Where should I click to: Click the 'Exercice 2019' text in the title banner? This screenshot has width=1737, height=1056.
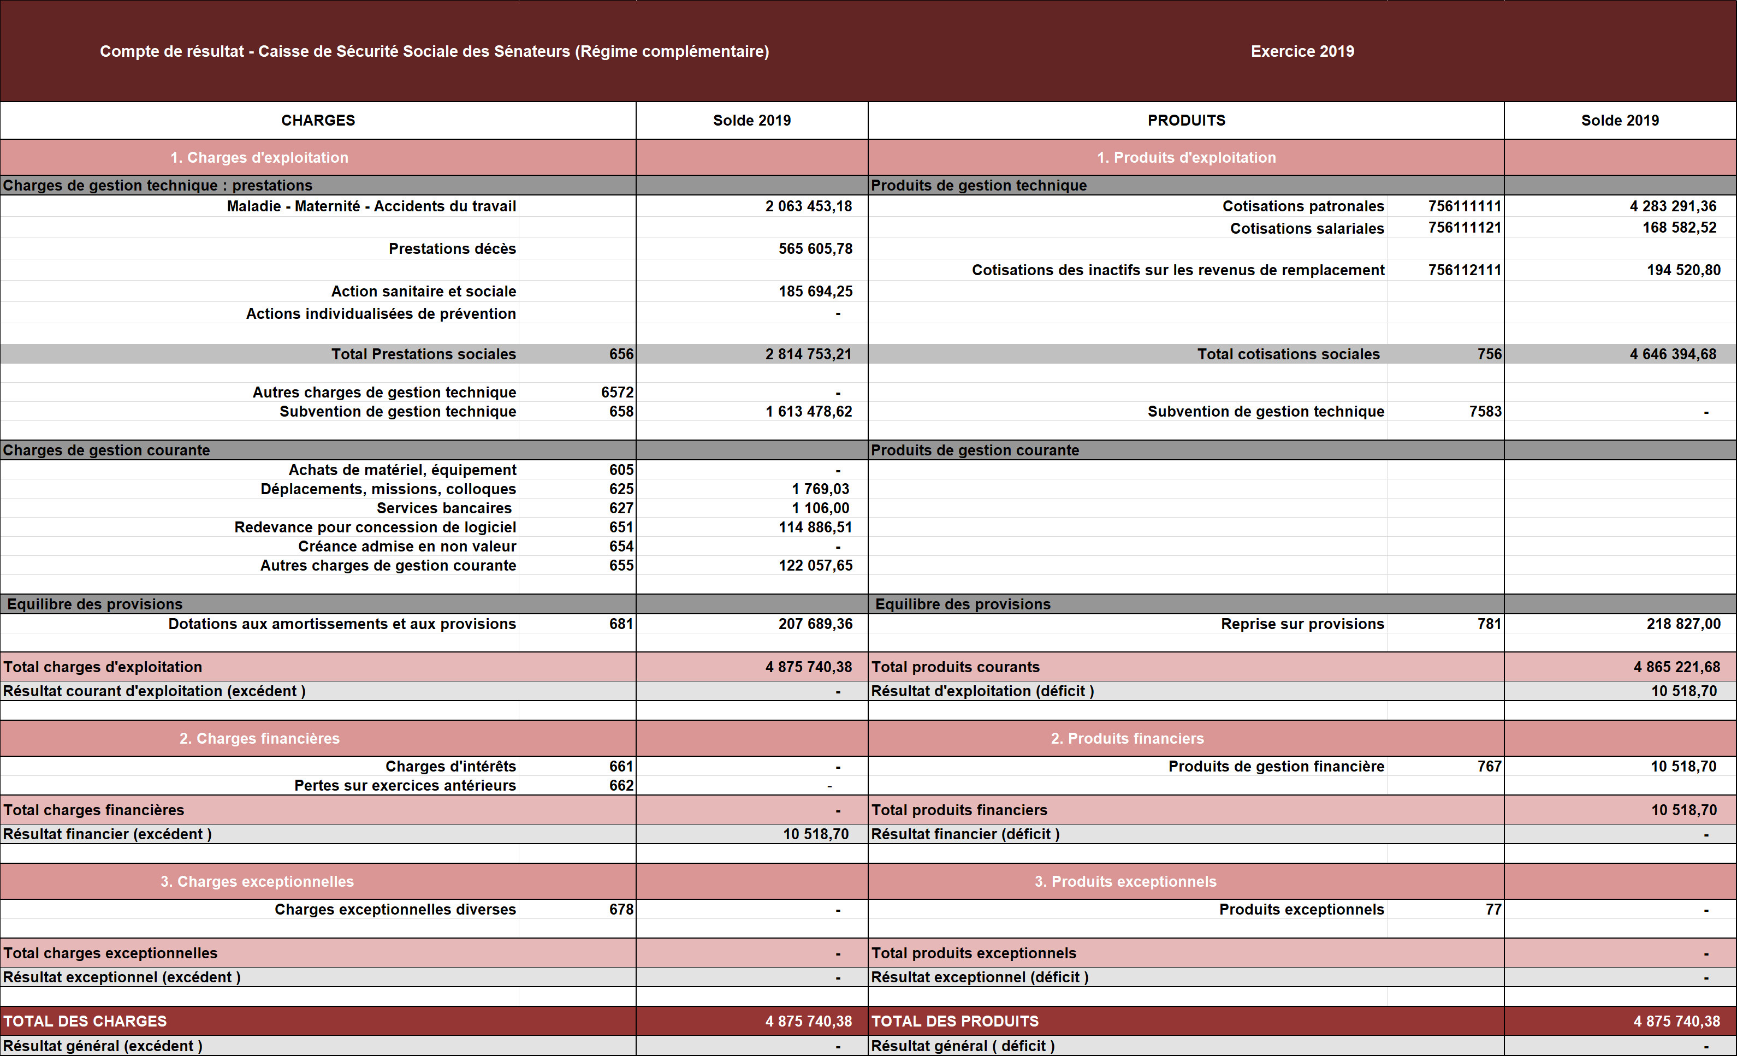tap(1302, 51)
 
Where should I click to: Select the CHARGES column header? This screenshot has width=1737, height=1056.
tap(318, 121)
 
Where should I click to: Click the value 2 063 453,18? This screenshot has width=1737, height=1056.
tap(809, 206)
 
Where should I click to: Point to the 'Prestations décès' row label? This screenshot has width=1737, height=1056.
tap(452, 249)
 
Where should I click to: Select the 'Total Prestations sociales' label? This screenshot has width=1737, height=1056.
tap(424, 354)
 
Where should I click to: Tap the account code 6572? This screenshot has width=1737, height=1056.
tap(617, 393)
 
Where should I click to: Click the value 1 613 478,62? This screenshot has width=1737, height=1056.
tap(809, 412)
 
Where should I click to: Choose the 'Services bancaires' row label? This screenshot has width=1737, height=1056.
tap(444, 508)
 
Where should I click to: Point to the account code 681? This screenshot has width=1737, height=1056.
tap(621, 624)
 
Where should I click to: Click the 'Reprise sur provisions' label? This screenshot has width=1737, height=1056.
tap(1302, 624)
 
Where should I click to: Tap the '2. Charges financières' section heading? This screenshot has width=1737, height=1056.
tap(259, 739)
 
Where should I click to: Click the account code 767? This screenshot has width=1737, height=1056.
tap(1489, 766)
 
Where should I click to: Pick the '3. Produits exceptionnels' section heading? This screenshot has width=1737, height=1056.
tap(1125, 882)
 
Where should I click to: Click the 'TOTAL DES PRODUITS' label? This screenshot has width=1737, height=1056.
tap(955, 1022)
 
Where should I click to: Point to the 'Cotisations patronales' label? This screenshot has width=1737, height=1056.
tap(1303, 206)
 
